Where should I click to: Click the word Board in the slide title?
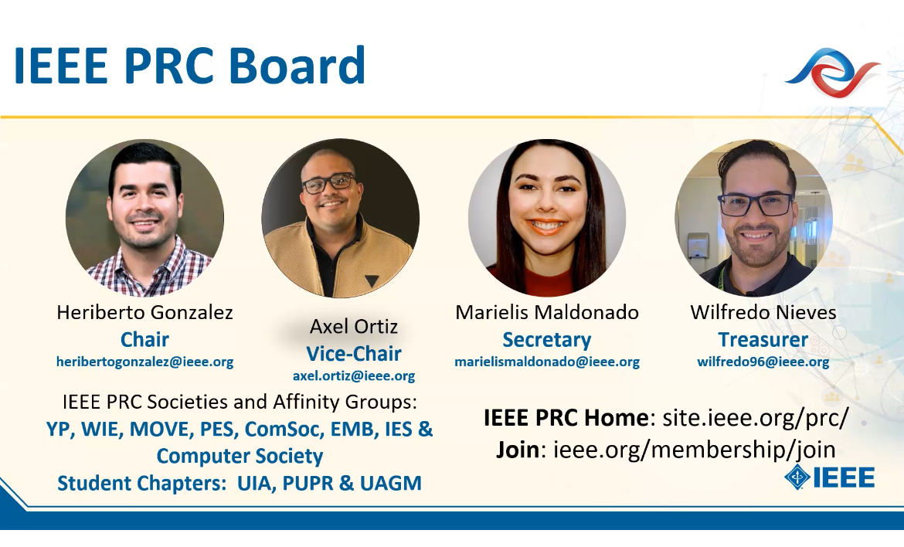point(297,65)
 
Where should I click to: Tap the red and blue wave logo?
point(832,72)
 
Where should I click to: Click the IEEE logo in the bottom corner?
point(830,477)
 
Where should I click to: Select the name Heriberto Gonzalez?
point(144,312)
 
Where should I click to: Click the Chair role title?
point(144,339)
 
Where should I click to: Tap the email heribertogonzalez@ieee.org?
point(144,362)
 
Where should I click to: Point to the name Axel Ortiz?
point(354,326)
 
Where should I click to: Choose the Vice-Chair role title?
point(354,353)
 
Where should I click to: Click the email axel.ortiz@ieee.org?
point(354,375)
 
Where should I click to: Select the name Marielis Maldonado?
point(547,312)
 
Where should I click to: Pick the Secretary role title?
point(547,340)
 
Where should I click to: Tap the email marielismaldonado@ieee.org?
point(547,362)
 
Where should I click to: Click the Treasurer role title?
point(763,339)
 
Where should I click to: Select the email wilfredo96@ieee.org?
point(763,362)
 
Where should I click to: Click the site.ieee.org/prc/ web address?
point(756,417)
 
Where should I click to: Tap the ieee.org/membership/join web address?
point(695,449)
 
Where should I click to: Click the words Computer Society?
point(240,456)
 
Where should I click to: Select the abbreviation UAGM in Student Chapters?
point(391,483)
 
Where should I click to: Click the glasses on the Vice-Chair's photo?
point(329,183)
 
